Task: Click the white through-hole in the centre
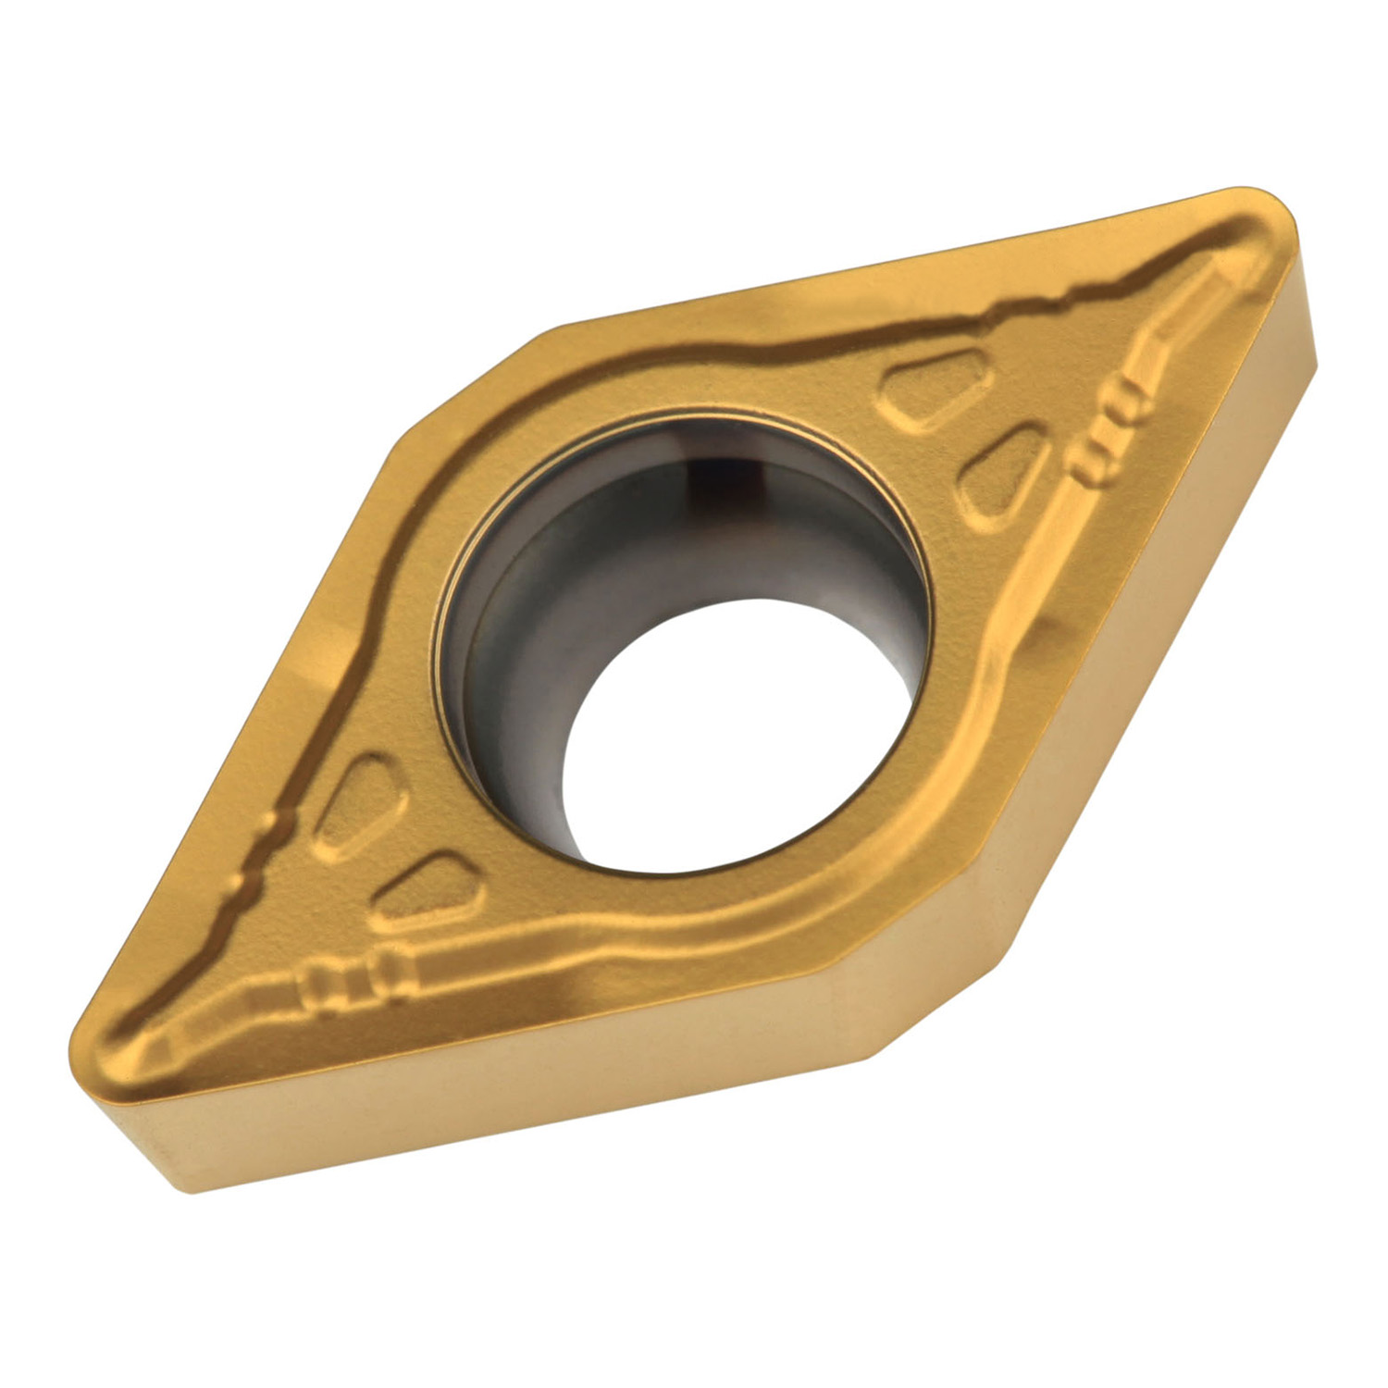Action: point(731,740)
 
